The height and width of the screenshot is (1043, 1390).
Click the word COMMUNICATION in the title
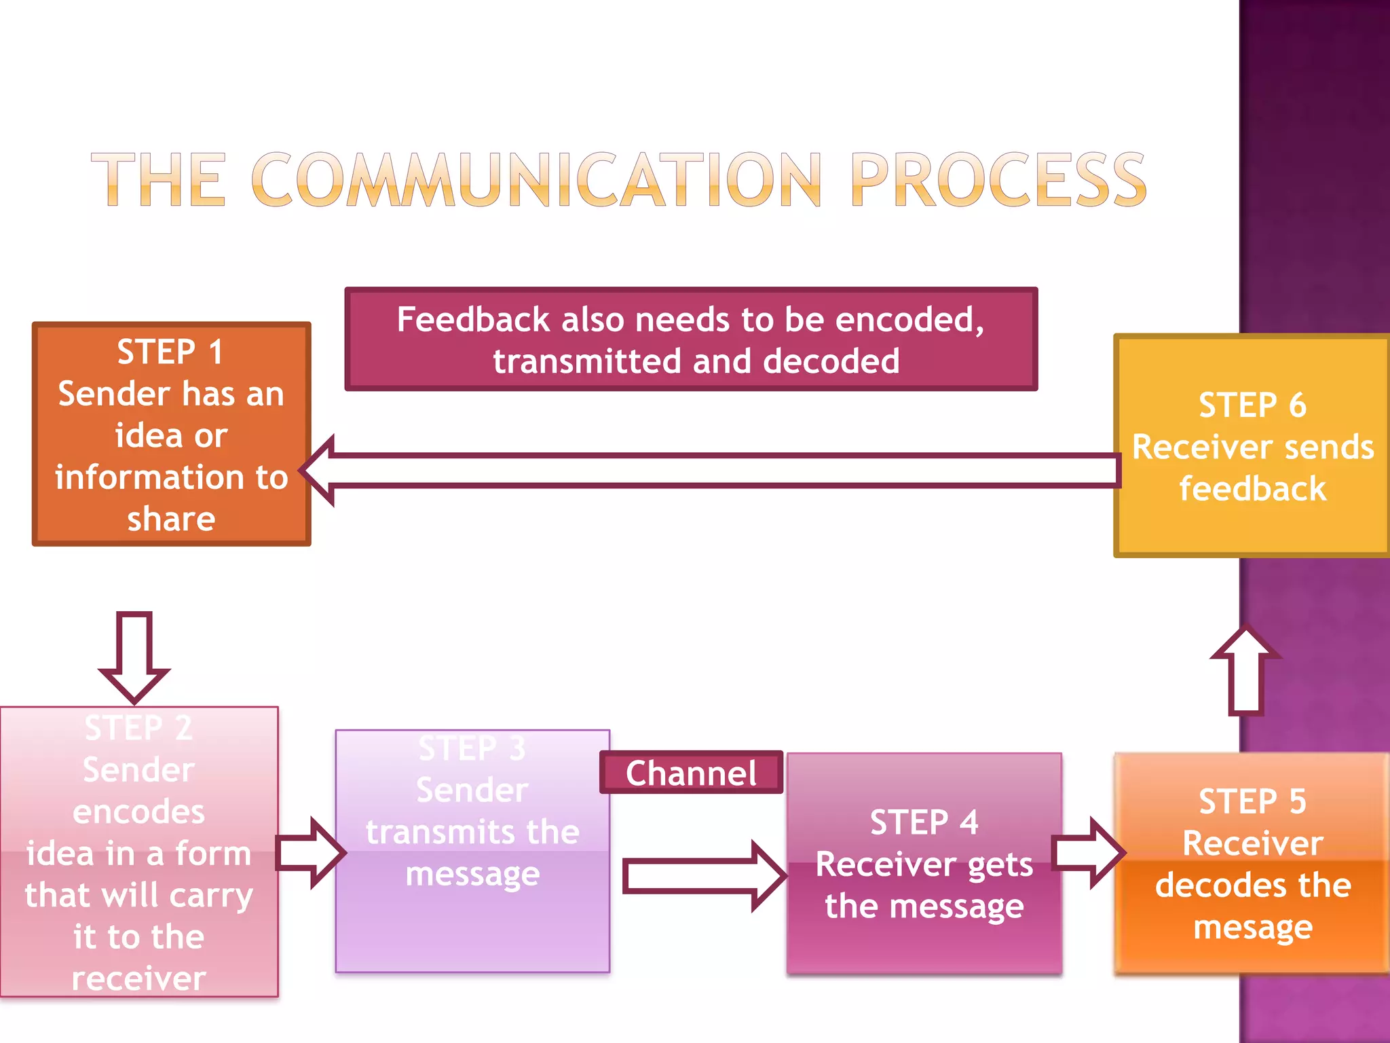(536, 180)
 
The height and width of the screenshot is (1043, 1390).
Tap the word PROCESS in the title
(998, 180)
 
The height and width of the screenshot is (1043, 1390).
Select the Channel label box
(691, 773)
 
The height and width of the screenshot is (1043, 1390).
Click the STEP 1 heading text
(170, 352)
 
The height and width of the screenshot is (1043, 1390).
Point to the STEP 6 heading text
(1252, 405)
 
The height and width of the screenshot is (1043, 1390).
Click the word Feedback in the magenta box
(473, 319)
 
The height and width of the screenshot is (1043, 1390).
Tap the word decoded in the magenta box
(831, 361)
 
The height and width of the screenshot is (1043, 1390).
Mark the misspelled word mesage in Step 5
(1253, 928)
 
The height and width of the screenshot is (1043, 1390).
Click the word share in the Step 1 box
(171, 519)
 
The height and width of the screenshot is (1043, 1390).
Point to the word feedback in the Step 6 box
(1252, 489)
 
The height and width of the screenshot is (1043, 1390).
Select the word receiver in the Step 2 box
(138, 978)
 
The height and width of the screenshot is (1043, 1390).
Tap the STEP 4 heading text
(924, 822)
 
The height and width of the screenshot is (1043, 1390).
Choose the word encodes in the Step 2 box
(138, 811)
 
